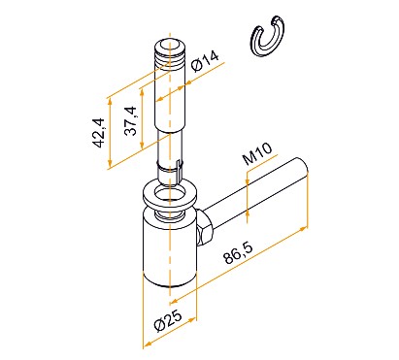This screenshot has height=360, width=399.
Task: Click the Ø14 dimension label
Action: tap(205, 61)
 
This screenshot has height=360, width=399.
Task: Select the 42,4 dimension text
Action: tap(97, 133)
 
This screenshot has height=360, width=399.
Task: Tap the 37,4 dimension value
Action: tap(130, 121)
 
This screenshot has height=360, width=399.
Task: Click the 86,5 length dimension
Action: tap(238, 253)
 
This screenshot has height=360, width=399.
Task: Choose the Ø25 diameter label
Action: tap(168, 321)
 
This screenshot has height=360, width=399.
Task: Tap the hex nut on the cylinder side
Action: tap(204, 228)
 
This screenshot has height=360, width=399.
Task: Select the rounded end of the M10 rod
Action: tap(301, 166)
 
